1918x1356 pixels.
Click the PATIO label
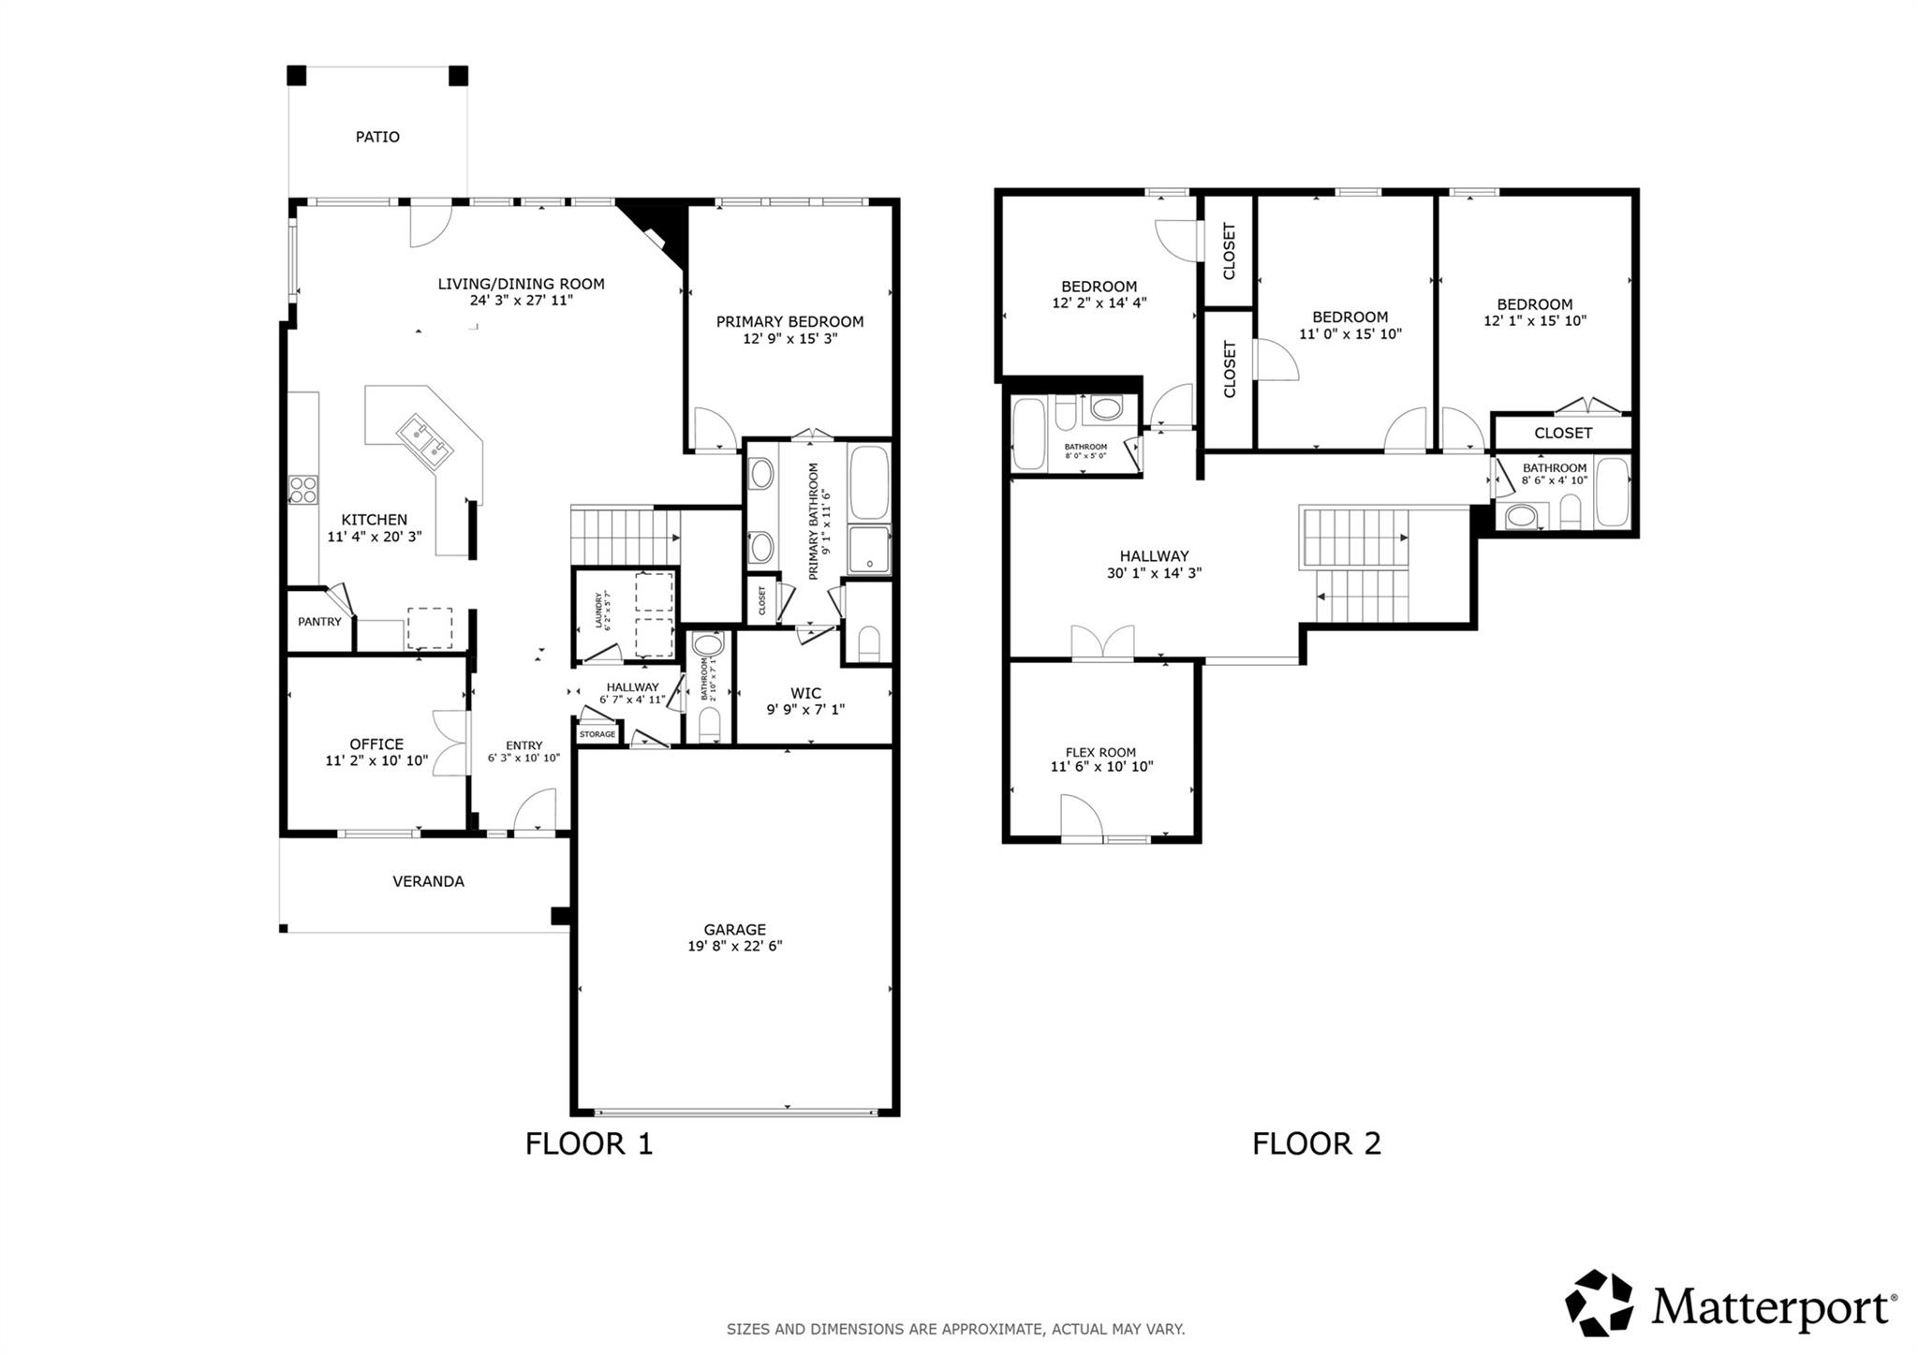coord(377,137)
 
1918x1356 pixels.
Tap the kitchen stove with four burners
coord(302,490)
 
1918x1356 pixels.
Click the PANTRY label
coord(319,622)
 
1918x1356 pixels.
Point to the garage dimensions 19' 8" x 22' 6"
coord(734,946)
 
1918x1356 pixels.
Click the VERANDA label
coord(428,881)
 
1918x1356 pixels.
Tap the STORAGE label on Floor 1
coord(598,734)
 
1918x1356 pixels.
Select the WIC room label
coord(805,693)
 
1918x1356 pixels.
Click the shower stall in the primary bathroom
coord(869,550)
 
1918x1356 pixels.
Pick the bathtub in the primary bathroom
coord(869,481)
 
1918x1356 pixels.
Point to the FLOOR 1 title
coord(588,1143)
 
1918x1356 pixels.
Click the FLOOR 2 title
coord(1316,1143)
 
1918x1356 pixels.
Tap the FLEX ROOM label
coord(1100,752)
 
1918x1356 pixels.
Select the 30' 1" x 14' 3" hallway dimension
coord(1154,573)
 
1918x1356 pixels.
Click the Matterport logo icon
coord(1599,1303)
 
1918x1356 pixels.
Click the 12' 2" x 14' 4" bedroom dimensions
coord(1099,302)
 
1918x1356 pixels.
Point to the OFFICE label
coord(376,744)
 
